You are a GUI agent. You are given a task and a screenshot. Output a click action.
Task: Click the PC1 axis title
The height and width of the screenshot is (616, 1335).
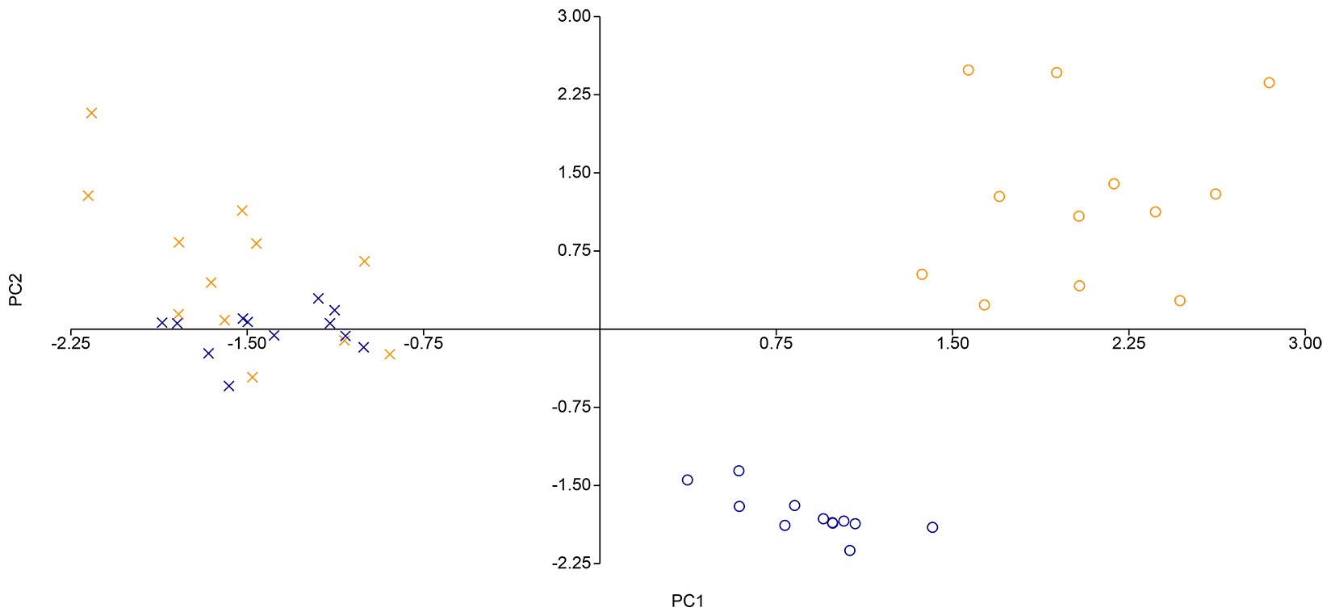688,601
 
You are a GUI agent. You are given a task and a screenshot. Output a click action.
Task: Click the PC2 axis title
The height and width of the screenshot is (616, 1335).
16,291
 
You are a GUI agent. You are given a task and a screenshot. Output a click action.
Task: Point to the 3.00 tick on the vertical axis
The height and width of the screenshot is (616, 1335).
574,16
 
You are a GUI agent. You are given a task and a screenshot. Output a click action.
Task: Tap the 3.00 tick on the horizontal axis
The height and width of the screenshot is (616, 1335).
1304,343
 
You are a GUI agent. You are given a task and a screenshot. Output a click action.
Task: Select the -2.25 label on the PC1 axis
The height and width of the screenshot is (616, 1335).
71,343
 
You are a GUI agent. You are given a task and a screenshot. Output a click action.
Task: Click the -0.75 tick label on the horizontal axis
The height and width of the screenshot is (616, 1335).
423,343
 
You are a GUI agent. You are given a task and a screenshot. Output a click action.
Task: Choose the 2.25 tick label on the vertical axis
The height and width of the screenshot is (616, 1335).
574,94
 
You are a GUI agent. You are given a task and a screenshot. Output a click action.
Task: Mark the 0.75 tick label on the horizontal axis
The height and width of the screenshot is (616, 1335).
776,343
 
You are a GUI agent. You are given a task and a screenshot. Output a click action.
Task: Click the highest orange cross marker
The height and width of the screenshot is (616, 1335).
91,113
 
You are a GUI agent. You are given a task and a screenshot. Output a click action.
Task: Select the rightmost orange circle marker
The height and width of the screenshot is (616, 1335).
1269,82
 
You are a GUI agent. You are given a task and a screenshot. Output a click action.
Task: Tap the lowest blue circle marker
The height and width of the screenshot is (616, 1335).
849,551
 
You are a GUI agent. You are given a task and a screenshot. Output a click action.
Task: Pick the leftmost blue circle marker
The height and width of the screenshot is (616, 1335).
687,480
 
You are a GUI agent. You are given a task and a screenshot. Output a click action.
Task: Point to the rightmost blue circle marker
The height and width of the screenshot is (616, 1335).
932,527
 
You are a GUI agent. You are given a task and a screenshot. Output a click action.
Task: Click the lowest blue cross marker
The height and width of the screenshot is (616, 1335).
228,386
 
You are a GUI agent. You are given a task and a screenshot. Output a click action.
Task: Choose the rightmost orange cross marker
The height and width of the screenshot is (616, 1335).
390,354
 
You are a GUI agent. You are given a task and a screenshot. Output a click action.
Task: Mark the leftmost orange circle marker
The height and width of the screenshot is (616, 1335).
922,274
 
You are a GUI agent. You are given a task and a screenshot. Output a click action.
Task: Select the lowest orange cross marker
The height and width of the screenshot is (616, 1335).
252,377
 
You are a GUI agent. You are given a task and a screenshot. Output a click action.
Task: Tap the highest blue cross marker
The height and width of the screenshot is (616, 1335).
318,299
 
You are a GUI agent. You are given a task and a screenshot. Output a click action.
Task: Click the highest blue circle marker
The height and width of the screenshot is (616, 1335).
739,471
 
